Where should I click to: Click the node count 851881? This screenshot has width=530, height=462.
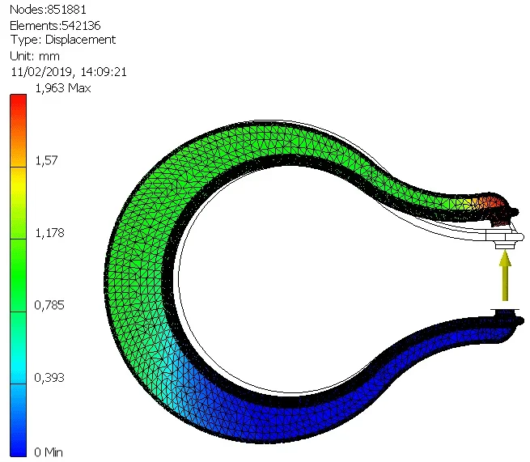tap(67, 10)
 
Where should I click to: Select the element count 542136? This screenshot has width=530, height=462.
tap(81, 25)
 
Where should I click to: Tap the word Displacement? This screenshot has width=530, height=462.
tap(80, 40)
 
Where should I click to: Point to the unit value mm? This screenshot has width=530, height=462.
tap(49, 56)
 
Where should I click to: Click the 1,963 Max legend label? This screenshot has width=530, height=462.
tap(63, 88)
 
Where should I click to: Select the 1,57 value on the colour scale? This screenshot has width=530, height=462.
tap(46, 160)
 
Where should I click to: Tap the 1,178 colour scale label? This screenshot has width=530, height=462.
tap(49, 233)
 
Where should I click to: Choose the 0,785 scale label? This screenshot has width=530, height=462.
tap(49, 305)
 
